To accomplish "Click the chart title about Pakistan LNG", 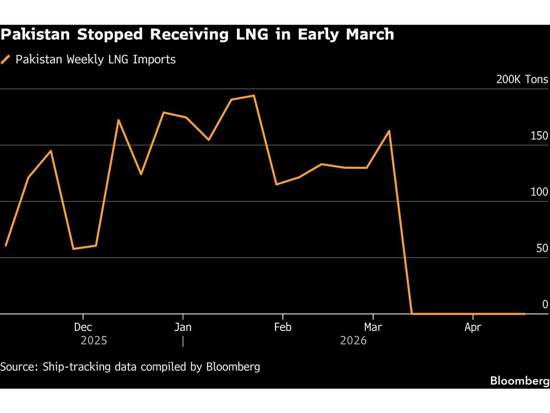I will [x=197, y=34].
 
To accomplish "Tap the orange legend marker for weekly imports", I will [x=5, y=60].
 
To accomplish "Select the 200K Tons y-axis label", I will [x=522, y=79].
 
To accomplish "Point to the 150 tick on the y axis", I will [x=539, y=136].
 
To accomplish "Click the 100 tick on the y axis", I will [x=539, y=192].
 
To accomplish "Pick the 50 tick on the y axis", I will [x=542, y=248].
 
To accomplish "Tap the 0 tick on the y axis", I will [x=545, y=304].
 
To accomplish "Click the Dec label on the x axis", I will [x=83, y=327].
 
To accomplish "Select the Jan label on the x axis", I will [x=183, y=327].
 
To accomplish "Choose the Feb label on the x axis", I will [x=283, y=327].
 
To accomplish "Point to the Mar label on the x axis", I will [x=373, y=327].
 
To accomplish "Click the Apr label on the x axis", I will [x=473, y=327].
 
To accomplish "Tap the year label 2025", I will [x=94, y=340].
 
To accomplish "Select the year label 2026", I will [x=353, y=340].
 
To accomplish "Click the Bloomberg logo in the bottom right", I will [x=519, y=380].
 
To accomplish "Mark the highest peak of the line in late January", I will [x=254, y=95].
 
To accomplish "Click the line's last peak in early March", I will [x=389, y=131].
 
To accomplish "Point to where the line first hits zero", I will [x=412, y=314].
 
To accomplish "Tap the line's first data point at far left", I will [x=5, y=246].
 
